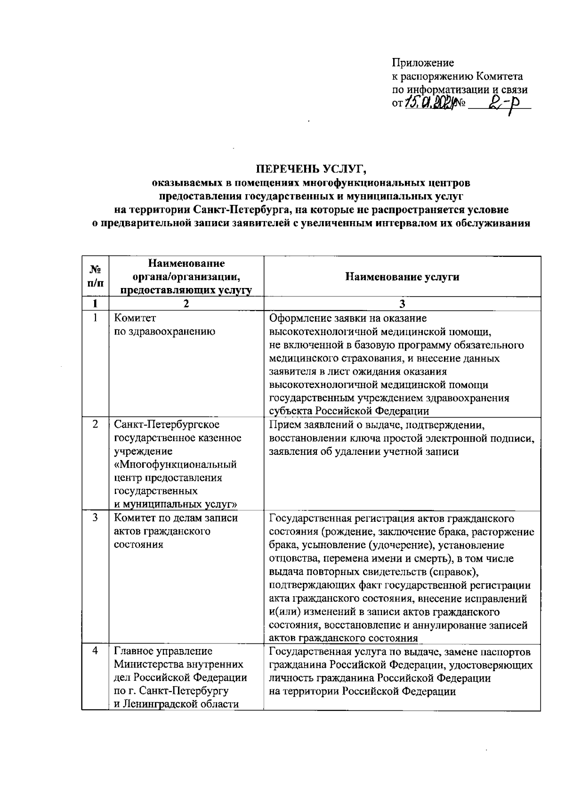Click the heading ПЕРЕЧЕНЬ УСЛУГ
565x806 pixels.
(311, 168)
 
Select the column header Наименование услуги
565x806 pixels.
(402, 277)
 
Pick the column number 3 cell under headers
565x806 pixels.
(402, 304)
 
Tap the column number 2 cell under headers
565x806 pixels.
(186, 304)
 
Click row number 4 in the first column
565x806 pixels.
(95, 651)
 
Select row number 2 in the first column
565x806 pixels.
(95, 424)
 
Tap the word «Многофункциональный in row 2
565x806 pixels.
(175, 465)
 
